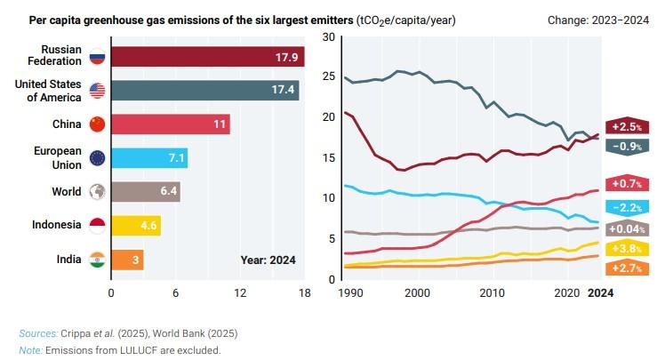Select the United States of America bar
(204, 90)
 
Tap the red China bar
(170, 124)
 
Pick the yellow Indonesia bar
(135, 226)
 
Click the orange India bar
(127, 260)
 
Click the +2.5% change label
(627, 127)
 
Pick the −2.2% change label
(627, 206)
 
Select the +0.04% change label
(627, 228)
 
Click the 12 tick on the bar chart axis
(240, 292)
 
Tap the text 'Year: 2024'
(268, 260)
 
